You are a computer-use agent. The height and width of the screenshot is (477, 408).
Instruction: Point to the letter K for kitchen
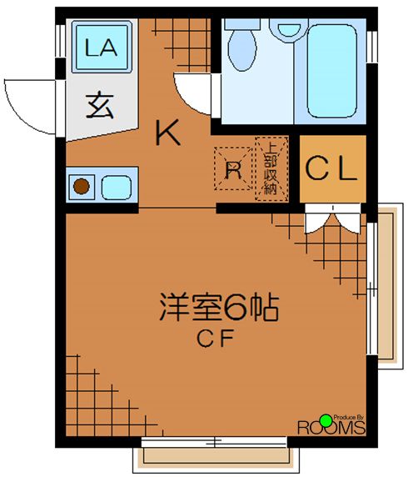point(168,133)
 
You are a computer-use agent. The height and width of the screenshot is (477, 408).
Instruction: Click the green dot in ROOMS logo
point(326,419)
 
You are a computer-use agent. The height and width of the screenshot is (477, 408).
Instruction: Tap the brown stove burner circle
point(82,187)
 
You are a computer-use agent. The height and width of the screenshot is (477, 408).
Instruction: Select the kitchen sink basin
point(117,187)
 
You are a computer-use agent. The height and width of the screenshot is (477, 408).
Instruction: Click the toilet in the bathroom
point(244,46)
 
